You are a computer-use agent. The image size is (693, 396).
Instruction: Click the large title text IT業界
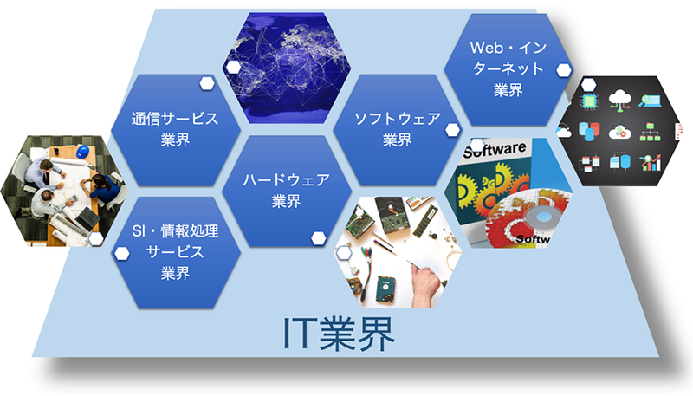pos(339,334)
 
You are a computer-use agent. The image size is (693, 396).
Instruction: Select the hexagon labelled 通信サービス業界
pos(176,130)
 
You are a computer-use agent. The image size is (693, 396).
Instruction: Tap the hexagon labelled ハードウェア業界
pos(287,191)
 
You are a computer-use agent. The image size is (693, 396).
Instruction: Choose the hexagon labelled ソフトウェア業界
pos(398,130)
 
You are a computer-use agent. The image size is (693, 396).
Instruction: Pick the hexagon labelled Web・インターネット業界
pos(508,69)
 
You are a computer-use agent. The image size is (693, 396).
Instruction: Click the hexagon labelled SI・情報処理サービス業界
pos(176,252)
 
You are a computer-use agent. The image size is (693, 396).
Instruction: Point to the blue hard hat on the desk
pos(82,152)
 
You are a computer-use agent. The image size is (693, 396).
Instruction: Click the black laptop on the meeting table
pos(87,218)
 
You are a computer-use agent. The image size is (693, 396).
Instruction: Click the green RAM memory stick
pos(424,221)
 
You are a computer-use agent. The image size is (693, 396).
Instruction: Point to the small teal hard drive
pos(385,289)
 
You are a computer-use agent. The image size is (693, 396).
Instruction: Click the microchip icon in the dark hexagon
pos(590,101)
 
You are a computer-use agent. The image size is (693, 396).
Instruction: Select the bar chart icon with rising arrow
pos(651,163)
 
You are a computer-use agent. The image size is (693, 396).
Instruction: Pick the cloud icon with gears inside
pos(619,132)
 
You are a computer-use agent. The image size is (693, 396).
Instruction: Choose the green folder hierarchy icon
pos(651,133)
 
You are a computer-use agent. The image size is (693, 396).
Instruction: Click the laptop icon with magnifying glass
pos(651,101)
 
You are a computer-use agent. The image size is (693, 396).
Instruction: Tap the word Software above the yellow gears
pos(495,149)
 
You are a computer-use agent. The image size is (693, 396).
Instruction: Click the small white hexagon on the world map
pos(233,68)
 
